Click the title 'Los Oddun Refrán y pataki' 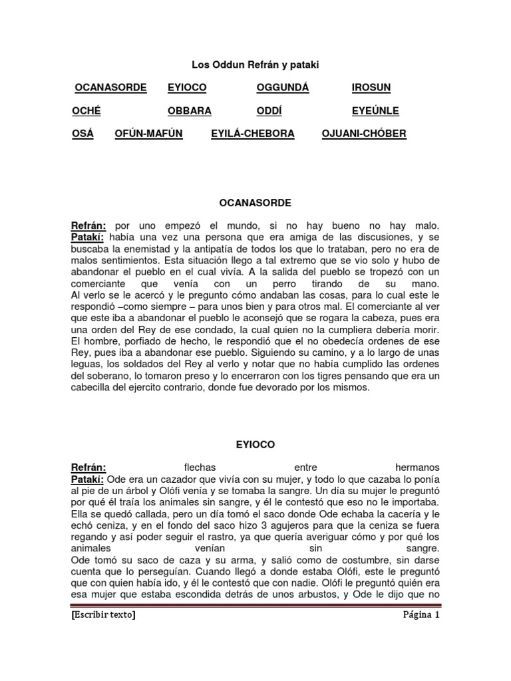[x=255, y=65]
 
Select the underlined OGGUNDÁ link [x=283, y=88]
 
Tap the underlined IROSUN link [x=371, y=88]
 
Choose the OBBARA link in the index [x=190, y=111]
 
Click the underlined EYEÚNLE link [x=376, y=111]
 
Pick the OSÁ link [x=83, y=134]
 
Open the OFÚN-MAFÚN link [x=148, y=134]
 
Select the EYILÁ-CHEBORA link [x=252, y=134]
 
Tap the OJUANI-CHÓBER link [x=363, y=134]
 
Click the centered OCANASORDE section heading [x=255, y=202]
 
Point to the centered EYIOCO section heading [x=255, y=444]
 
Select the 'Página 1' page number [x=421, y=615]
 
